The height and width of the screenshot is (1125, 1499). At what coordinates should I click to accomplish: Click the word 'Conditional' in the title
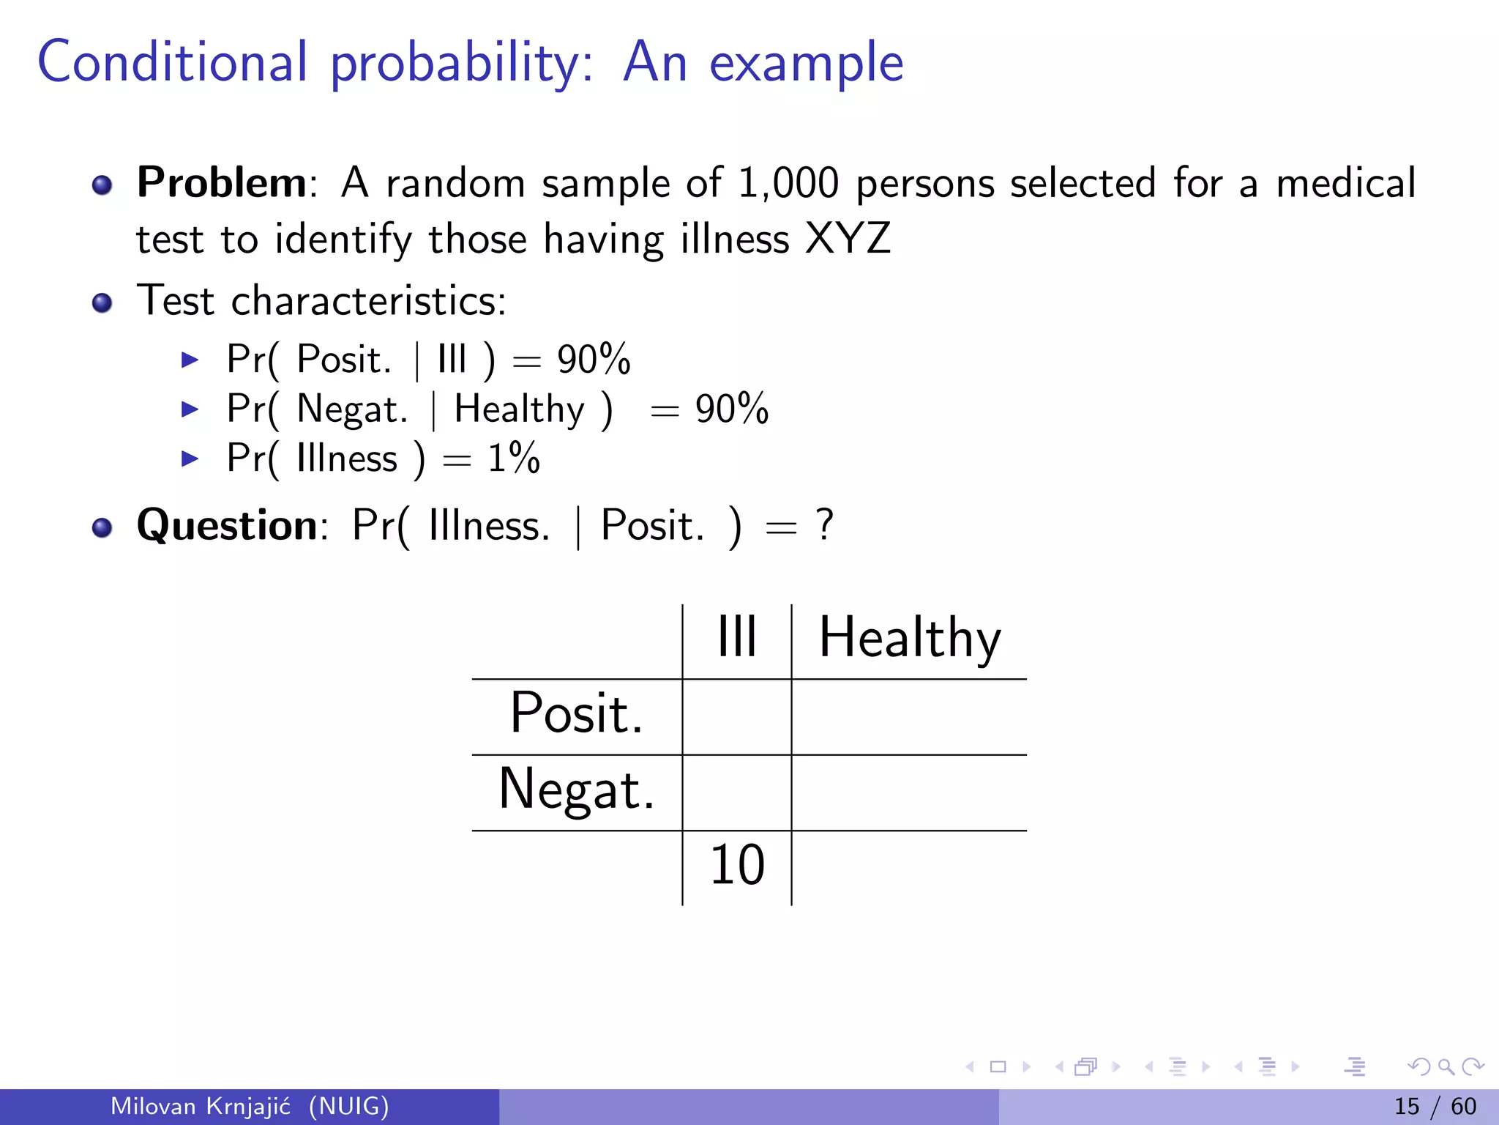coord(173,62)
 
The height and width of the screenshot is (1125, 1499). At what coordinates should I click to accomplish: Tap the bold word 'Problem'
coord(222,182)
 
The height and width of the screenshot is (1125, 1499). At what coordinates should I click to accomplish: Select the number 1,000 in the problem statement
coord(788,183)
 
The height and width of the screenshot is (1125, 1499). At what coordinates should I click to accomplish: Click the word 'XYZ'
coord(848,239)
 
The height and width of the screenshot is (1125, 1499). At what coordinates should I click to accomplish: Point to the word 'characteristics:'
coord(368,301)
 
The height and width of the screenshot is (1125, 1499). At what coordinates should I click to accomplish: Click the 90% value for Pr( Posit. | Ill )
coord(593,360)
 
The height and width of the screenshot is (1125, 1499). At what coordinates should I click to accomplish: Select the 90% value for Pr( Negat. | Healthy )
coord(731,409)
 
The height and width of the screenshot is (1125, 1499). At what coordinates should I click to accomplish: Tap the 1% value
coord(514,458)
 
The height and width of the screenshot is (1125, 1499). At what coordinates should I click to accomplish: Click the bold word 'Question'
coord(227,525)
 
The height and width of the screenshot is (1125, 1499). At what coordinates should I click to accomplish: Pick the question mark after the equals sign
coord(825,525)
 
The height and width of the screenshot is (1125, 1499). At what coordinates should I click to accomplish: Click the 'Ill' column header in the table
coord(736,637)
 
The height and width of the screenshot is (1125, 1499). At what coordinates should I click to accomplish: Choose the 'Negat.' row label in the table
coord(576,790)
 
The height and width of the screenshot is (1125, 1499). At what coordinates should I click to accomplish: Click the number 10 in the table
coord(736,865)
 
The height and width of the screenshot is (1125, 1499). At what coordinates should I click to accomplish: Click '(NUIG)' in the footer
coord(348,1106)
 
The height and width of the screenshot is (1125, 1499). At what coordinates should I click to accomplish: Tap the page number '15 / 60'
coord(1435,1106)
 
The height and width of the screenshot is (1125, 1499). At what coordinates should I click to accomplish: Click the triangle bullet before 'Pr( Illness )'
coord(190,459)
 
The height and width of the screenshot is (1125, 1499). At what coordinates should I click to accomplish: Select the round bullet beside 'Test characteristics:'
coord(102,302)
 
